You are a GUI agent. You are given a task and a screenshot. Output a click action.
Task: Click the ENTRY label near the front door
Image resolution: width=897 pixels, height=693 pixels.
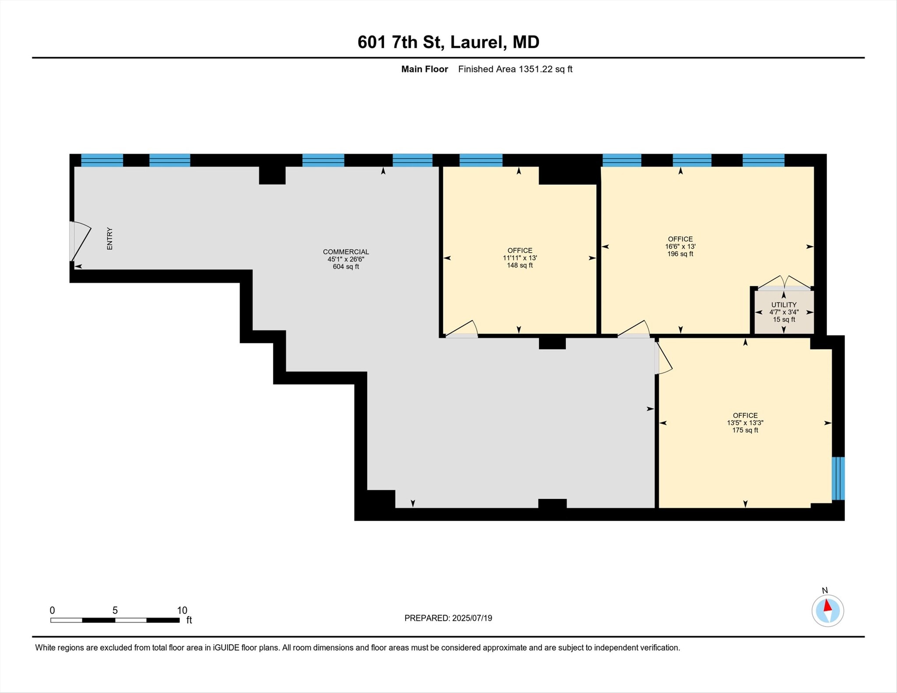109,239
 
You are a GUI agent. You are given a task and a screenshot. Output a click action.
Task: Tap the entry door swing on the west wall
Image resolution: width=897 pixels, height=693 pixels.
80,242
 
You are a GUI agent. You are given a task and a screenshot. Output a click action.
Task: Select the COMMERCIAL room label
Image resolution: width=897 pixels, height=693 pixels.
346,252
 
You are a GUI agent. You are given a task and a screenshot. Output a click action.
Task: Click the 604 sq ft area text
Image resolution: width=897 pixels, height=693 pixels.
346,267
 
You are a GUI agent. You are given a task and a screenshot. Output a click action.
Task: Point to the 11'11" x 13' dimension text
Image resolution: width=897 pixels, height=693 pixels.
519,258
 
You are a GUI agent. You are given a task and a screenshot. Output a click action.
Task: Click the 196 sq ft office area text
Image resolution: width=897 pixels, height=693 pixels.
680,254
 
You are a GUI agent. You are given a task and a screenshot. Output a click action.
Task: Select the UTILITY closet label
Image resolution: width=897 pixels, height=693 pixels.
784,305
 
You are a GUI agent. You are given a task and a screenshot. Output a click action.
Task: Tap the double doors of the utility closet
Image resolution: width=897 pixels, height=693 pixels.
784,283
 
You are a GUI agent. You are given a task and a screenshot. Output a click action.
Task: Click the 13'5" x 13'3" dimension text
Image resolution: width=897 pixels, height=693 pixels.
745,423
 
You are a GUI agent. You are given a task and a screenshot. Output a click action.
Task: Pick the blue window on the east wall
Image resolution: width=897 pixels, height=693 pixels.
837,478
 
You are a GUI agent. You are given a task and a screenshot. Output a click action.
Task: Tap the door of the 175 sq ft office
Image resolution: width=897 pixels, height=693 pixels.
663,358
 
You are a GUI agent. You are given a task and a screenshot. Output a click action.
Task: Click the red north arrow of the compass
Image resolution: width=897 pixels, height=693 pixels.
827,606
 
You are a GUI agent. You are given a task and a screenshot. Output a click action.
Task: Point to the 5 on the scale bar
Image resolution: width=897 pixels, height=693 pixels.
115,611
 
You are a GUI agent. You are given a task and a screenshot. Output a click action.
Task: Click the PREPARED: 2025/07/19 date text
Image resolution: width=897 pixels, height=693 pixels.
448,618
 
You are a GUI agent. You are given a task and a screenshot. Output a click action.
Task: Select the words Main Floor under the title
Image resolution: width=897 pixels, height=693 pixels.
424,69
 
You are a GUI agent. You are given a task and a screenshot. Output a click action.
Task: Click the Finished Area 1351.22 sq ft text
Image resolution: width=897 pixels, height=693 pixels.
515,69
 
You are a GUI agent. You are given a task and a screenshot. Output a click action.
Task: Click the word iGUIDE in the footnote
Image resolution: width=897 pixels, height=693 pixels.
226,648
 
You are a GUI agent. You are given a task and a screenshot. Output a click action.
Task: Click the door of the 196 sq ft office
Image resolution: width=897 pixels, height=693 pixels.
634,329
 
